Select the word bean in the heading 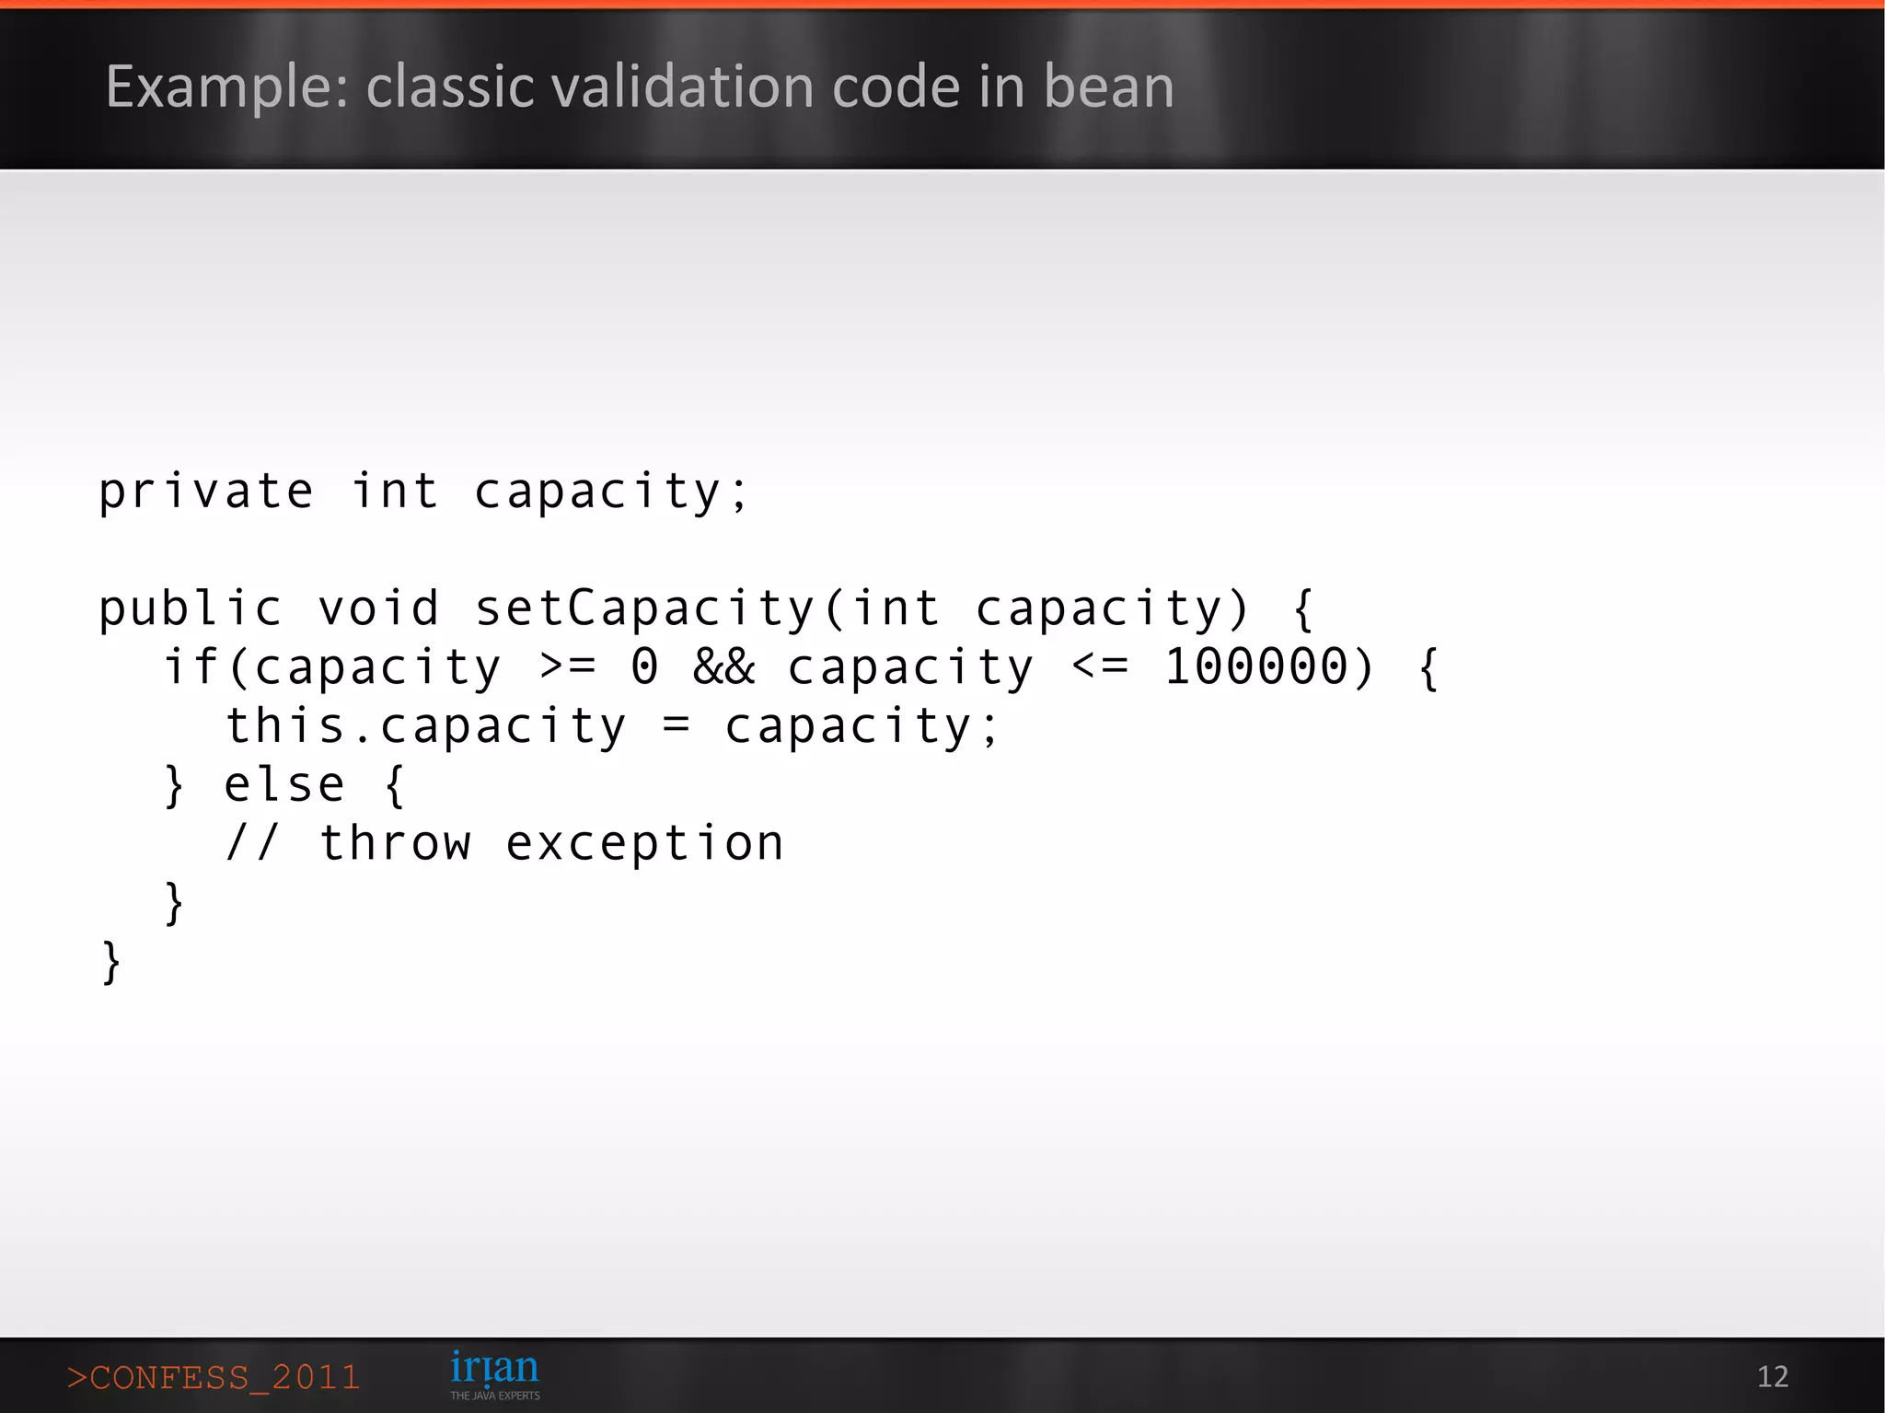pos(1108,87)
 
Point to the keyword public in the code pos(190,609)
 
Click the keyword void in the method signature pos(378,609)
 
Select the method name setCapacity pos(644,609)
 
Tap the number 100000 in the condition pos(1256,667)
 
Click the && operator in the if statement pos(724,667)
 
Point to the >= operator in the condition pos(568,667)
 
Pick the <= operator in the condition pos(1100,667)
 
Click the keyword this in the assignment pos(285,726)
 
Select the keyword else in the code pos(284,785)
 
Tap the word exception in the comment pos(644,844)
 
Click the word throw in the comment pos(395,844)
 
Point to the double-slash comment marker pos(251,844)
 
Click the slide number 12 pos(1772,1376)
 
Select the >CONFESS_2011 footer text pos(213,1377)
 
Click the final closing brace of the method pos(110,962)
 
